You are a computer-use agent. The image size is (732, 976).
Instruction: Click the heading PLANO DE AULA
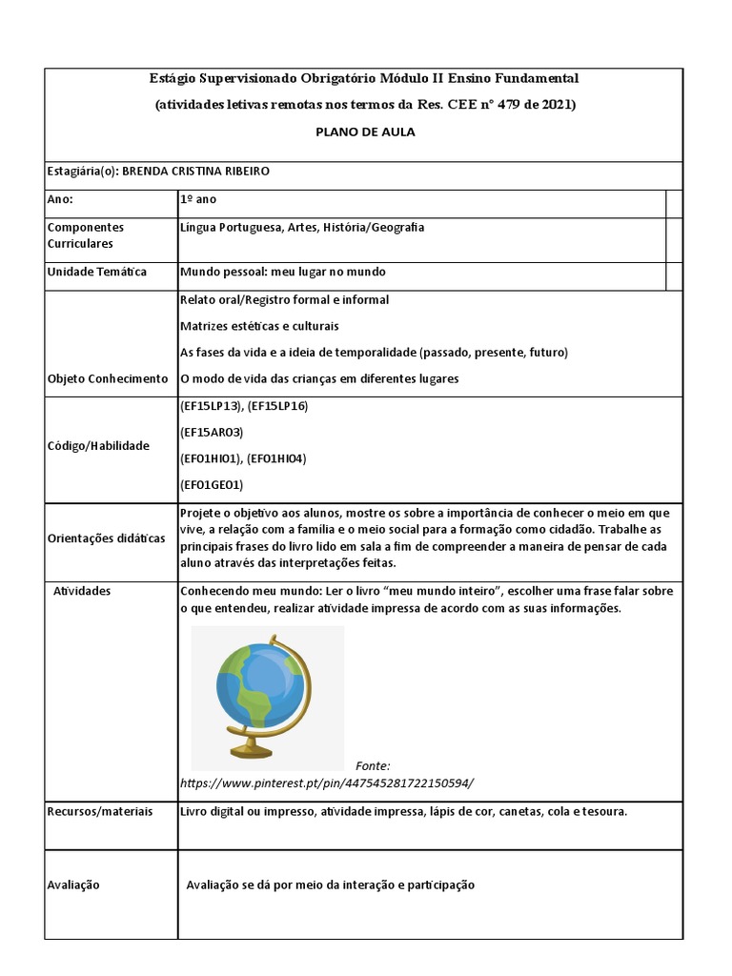[x=365, y=132]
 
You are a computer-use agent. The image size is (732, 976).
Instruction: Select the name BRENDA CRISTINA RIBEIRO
[x=203, y=172]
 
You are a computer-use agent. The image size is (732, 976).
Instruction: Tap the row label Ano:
[x=60, y=200]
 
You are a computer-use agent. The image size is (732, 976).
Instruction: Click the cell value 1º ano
[x=198, y=200]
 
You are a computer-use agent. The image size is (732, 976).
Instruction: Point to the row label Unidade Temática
[x=96, y=272]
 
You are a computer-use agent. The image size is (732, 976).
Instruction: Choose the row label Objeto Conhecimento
[x=107, y=378]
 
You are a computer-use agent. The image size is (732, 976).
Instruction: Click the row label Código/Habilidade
[x=98, y=445]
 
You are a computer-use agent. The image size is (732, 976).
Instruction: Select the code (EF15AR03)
[x=212, y=432]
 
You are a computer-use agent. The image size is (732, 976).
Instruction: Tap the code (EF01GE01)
[x=212, y=484]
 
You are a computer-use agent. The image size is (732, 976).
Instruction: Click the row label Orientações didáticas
[x=106, y=538]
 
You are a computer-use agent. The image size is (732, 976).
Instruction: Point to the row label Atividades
[x=82, y=591]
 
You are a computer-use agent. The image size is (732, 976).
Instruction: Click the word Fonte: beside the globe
[x=373, y=765]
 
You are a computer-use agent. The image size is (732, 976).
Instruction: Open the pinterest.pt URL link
[x=326, y=783]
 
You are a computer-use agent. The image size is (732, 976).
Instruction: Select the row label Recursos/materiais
[x=99, y=811]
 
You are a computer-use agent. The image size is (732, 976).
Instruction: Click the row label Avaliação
[x=73, y=884]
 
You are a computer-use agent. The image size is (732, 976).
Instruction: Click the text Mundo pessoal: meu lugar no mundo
[x=282, y=272]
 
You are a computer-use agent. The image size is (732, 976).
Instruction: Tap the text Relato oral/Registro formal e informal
[x=284, y=299]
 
